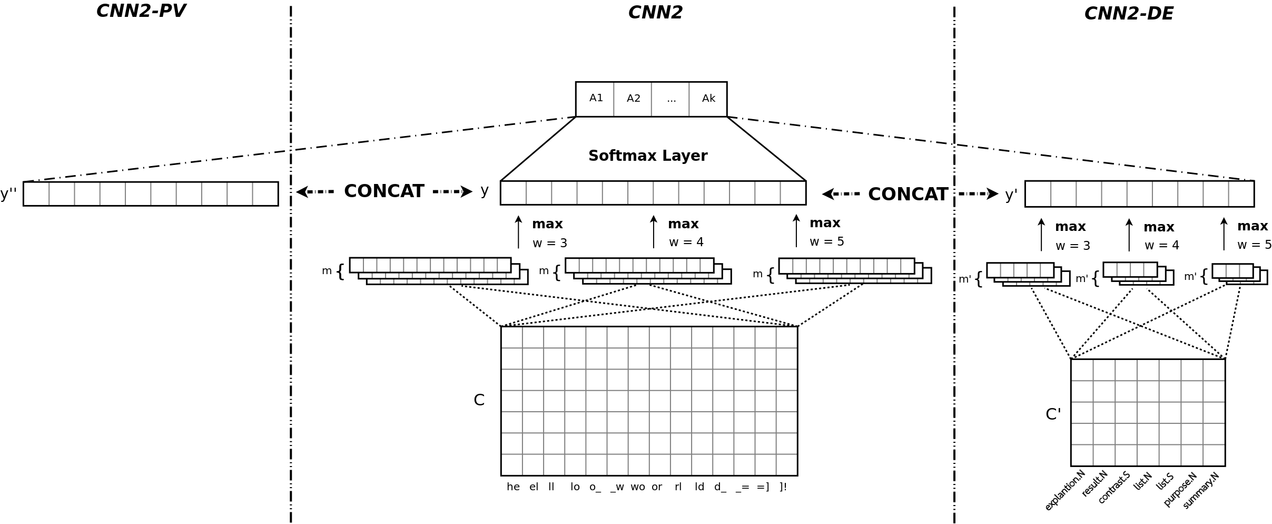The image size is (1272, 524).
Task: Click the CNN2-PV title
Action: pos(141,11)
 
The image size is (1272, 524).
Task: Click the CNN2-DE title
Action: pos(1128,14)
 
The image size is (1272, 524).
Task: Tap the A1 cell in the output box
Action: pos(596,98)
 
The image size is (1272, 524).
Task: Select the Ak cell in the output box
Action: pos(708,99)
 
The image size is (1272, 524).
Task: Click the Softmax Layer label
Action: pos(647,156)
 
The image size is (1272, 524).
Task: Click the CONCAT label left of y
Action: pos(383,191)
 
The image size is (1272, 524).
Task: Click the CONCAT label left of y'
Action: pos(908,195)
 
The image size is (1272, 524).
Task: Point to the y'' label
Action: pos(9,194)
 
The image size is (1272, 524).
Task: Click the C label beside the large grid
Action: pos(479,400)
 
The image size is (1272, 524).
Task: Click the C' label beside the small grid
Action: pos(1053,414)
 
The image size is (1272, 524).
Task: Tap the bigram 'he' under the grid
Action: pos(513,487)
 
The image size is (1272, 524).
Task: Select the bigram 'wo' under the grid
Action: pos(637,487)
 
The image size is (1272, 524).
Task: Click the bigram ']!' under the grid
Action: pos(783,487)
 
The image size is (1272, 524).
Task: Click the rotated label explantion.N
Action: pos(1065,490)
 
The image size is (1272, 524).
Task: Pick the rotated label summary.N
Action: pos(1201,490)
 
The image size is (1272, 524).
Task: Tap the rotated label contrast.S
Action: pos(1114,488)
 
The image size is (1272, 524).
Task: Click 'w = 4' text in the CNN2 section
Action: pos(686,242)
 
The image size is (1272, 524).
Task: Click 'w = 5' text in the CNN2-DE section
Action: pos(1254,245)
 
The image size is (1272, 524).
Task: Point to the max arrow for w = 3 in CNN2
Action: pos(518,231)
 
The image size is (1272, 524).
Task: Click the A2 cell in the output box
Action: pos(633,99)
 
